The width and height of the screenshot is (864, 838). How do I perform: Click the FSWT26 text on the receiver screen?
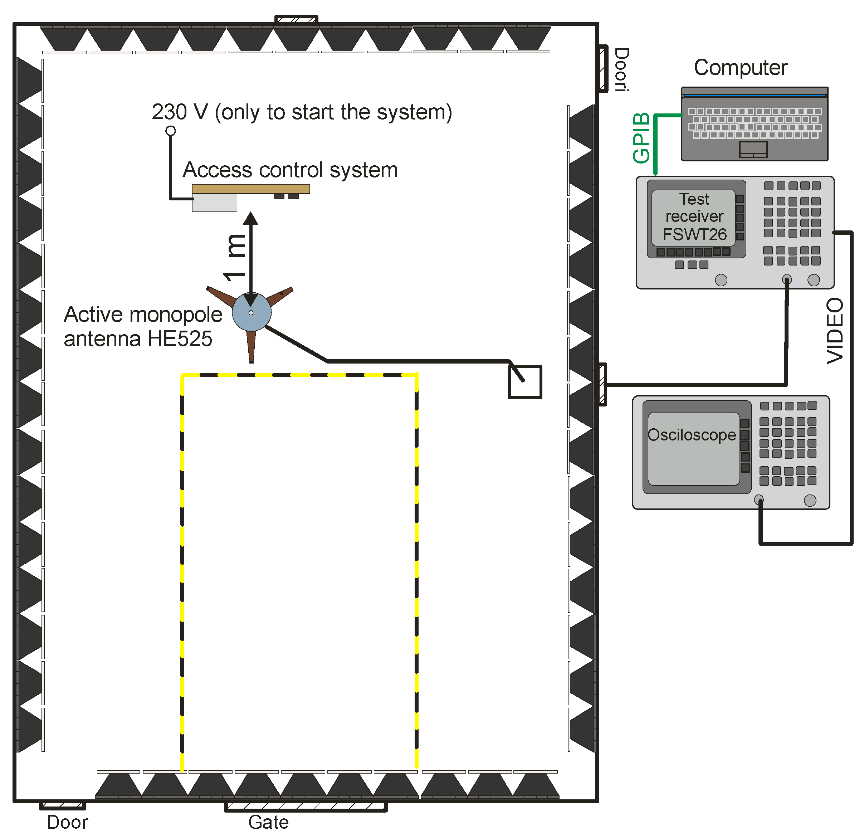[x=695, y=234]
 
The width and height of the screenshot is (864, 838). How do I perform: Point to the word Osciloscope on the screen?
[x=692, y=435]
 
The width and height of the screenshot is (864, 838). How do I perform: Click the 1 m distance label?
[x=235, y=258]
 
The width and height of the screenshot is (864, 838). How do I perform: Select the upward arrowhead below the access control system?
[x=250, y=218]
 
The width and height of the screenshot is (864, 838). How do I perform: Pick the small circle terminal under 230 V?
[x=171, y=131]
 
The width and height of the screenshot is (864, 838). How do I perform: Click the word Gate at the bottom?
[x=268, y=822]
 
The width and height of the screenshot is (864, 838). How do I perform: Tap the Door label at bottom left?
[x=68, y=822]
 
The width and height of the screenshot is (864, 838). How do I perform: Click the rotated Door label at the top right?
[x=621, y=70]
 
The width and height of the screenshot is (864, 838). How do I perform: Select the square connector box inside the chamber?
[x=524, y=382]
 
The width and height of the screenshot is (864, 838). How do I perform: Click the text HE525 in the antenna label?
[x=180, y=338]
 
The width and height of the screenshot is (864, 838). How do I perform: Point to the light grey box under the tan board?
[x=214, y=203]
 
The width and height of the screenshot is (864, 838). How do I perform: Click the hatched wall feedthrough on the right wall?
[x=602, y=384]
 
